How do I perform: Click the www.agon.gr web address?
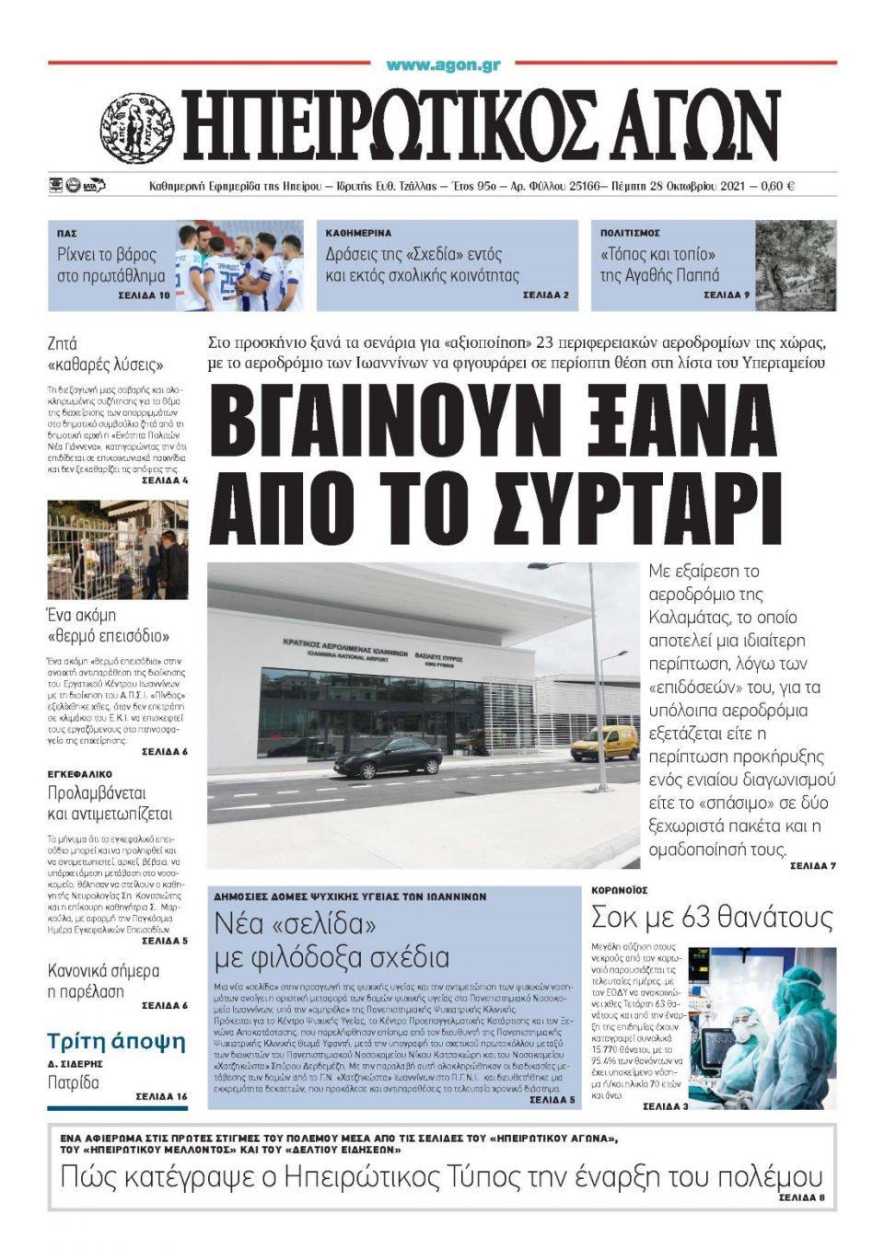coord(443,65)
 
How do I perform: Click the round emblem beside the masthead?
coord(138,128)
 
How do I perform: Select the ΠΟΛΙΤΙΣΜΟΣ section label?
coord(630,234)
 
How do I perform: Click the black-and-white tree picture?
coord(796,265)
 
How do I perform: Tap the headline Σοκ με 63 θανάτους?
coord(712,918)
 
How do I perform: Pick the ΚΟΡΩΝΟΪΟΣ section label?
coord(620,890)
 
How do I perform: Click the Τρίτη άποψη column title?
coord(105,1041)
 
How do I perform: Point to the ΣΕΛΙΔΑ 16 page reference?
coord(161,1096)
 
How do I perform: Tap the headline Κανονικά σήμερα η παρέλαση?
coord(103,981)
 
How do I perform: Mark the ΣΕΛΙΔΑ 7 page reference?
coord(813,866)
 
